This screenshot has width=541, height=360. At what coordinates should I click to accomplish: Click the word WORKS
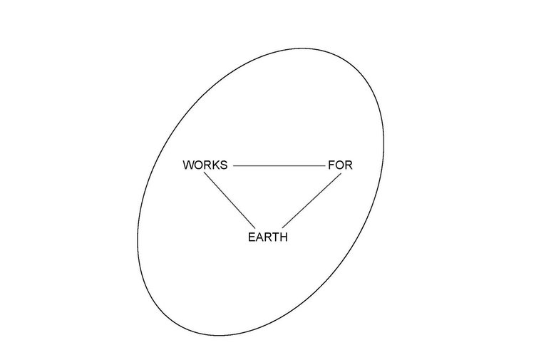pyautogui.click(x=205, y=165)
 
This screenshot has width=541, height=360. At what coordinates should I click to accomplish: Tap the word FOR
pyautogui.click(x=340, y=165)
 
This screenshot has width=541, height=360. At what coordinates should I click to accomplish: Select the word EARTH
pyautogui.click(x=268, y=237)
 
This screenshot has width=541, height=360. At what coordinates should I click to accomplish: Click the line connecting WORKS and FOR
pyautogui.click(x=279, y=165)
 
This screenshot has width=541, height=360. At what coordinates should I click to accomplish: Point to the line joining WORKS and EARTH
pyautogui.click(x=230, y=200)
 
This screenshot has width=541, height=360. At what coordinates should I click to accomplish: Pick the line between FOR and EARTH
pyautogui.click(x=312, y=200)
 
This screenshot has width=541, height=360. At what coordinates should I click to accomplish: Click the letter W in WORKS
pyautogui.click(x=189, y=165)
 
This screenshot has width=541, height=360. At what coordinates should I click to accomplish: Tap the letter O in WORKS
pyautogui.click(x=200, y=165)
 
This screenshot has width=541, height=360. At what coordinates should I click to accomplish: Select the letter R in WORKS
pyautogui.click(x=210, y=165)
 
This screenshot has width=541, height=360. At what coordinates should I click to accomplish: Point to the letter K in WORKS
pyautogui.click(x=217, y=165)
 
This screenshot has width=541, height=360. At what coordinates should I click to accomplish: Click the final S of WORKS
pyautogui.click(x=225, y=165)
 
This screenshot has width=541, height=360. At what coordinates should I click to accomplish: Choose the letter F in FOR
pyautogui.click(x=331, y=165)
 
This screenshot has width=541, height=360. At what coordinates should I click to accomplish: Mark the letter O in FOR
pyautogui.click(x=339, y=165)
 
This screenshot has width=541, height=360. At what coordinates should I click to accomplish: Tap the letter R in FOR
pyautogui.click(x=349, y=165)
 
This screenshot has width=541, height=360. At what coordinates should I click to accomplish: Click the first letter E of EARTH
pyautogui.click(x=252, y=237)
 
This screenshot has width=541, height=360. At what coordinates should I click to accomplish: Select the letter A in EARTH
pyautogui.click(x=259, y=237)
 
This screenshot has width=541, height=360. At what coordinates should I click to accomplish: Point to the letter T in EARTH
pyautogui.click(x=275, y=237)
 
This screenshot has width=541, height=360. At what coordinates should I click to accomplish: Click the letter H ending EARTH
pyautogui.click(x=283, y=237)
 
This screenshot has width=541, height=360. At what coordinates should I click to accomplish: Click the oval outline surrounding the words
pyautogui.click(x=383, y=145)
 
